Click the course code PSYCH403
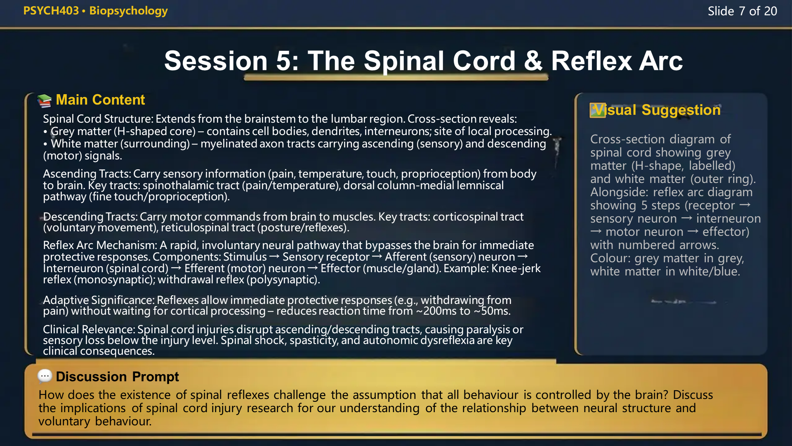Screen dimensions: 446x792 click(x=51, y=11)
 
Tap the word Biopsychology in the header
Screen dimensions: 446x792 click(x=128, y=11)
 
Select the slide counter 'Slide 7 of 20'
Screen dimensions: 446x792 click(x=742, y=11)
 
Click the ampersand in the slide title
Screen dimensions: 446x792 click(x=533, y=61)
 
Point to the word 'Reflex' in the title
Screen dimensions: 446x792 click(x=591, y=61)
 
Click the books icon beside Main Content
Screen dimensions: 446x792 click(x=44, y=100)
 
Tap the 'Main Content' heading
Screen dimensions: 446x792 click(x=100, y=100)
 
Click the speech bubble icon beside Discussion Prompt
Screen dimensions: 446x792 click(x=45, y=376)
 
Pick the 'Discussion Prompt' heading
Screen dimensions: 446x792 click(x=117, y=377)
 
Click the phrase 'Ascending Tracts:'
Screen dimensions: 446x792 click(x=87, y=174)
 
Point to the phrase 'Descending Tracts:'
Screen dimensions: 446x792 click(x=90, y=216)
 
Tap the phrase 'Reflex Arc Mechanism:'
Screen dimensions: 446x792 click(x=99, y=245)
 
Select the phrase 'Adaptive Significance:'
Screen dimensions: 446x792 click(x=99, y=300)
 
